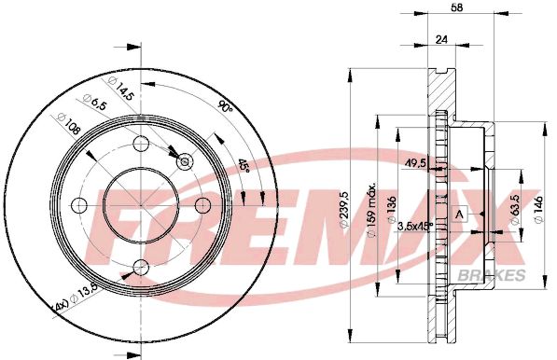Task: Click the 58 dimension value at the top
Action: point(457,7)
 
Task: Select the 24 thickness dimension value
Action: point(440,39)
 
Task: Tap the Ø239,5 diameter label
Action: point(343,210)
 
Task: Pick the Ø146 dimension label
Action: point(539,210)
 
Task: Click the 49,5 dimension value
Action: point(415,163)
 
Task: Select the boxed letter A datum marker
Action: point(460,215)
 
